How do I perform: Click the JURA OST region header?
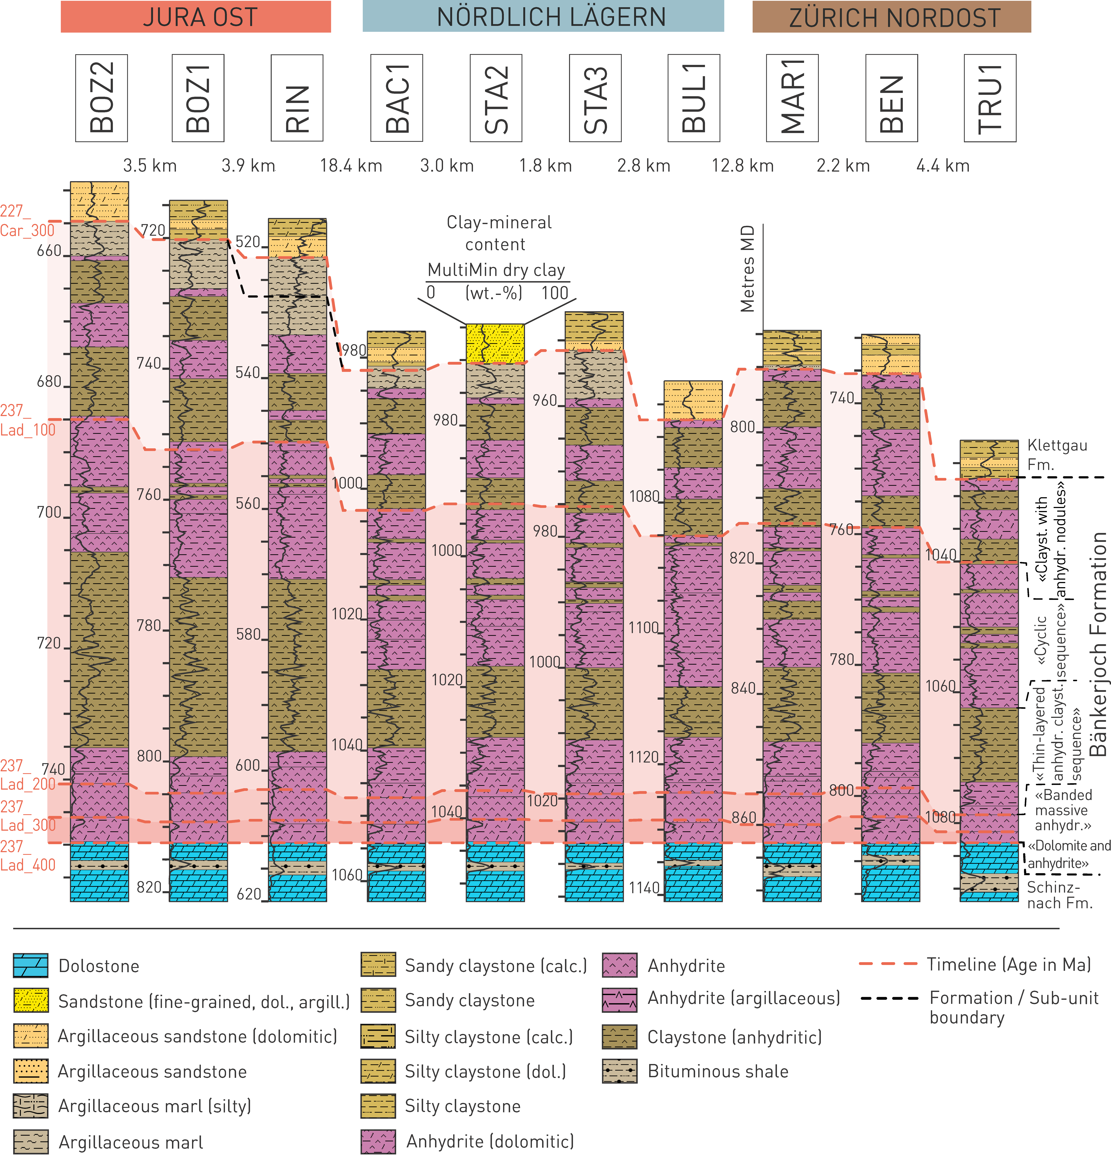coord(196,16)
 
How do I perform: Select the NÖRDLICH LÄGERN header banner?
coord(543,16)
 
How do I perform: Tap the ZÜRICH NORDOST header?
coord(892,16)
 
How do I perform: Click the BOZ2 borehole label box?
coord(101,98)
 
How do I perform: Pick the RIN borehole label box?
coord(297,98)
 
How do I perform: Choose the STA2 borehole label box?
coord(496,98)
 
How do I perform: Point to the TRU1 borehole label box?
coord(990,98)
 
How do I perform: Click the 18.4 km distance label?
coord(351,166)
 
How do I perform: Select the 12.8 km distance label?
coord(742,166)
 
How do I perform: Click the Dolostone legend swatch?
coord(31,965)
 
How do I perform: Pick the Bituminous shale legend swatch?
coord(620,1071)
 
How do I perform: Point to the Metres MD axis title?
coord(748,268)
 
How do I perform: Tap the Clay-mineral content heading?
coord(499,233)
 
